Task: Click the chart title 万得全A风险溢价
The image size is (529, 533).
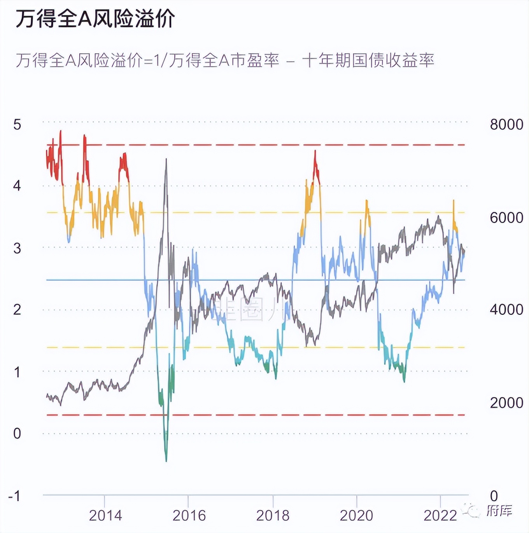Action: tap(95, 19)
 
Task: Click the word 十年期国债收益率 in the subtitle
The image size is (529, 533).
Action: tap(368, 61)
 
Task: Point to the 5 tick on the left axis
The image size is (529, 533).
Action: tap(17, 125)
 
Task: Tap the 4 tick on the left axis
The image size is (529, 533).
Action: tap(17, 186)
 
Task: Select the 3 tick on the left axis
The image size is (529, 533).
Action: tap(17, 248)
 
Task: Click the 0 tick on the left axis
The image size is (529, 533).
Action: tap(17, 433)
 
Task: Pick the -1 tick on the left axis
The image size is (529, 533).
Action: tap(14, 496)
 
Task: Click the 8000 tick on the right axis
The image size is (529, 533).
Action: tap(506, 125)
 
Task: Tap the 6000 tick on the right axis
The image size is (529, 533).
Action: tap(506, 218)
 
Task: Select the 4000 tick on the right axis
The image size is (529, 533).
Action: tap(506, 310)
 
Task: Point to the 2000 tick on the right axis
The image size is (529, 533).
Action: tap(506, 403)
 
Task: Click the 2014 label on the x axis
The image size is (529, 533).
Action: tap(105, 516)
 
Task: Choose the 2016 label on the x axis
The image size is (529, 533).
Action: tap(189, 516)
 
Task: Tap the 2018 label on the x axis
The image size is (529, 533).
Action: tap(273, 516)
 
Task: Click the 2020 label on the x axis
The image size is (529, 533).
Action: tap(356, 516)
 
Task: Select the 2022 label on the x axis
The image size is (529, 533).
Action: tap(440, 516)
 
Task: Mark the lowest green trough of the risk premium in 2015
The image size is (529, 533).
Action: tap(166, 461)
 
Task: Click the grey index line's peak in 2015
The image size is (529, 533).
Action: tap(166, 159)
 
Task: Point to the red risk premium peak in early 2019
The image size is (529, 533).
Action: tap(315, 151)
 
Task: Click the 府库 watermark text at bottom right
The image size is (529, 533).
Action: tap(499, 510)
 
